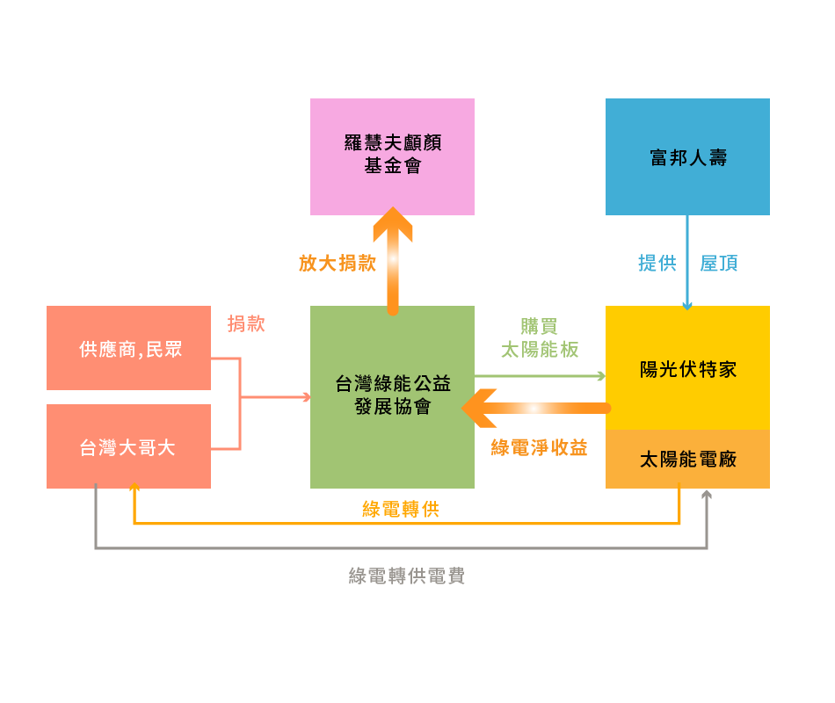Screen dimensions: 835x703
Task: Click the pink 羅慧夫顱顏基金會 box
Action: (x=392, y=156)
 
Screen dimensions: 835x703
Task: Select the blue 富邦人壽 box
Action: (x=687, y=156)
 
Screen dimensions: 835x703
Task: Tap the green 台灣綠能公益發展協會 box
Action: (x=392, y=397)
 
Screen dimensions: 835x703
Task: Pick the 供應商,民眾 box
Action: (x=129, y=348)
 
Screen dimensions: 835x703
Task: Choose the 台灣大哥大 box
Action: (x=129, y=446)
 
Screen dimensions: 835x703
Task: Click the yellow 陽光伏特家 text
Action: (x=688, y=369)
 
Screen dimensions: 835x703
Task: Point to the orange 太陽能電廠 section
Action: (x=687, y=459)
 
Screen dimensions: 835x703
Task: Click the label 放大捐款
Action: (x=338, y=263)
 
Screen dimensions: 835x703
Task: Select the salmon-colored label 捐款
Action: (x=246, y=323)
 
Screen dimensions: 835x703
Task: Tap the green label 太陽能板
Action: (x=540, y=350)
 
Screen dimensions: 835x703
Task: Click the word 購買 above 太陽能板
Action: (x=539, y=326)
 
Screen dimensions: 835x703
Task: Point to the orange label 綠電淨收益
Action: (x=539, y=447)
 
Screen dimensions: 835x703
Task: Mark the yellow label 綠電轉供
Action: (x=401, y=509)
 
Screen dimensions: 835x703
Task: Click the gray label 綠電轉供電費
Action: (x=407, y=576)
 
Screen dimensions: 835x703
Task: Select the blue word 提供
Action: (x=657, y=263)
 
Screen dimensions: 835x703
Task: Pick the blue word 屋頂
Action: (x=719, y=263)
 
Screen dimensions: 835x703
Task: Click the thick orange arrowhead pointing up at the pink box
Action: (x=393, y=222)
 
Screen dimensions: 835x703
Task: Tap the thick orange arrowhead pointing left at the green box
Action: (x=478, y=409)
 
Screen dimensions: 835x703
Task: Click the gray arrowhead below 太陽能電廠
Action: (x=707, y=495)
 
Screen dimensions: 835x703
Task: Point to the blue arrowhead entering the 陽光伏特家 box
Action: (x=687, y=306)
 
